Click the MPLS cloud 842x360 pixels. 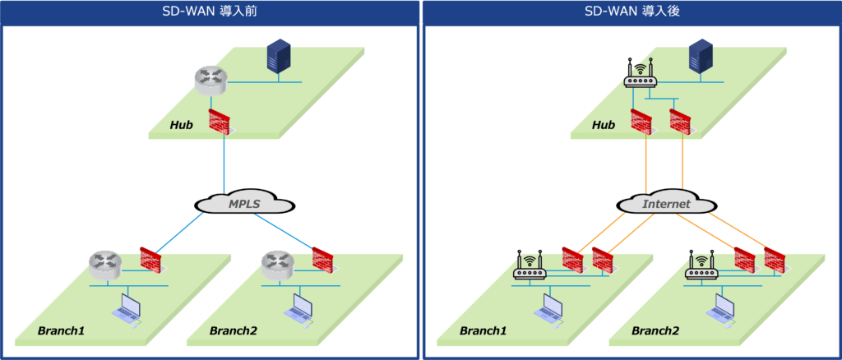(x=243, y=204)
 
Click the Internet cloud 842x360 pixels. (x=666, y=204)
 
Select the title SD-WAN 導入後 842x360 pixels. (x=631, y=12)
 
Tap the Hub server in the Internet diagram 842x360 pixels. (x=701, y=57)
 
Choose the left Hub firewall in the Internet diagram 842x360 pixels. (x=642, y=121)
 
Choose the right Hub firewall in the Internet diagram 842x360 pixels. (x=682, y=121)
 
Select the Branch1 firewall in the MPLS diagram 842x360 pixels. (x=152, y=258)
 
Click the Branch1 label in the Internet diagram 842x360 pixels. (x=483, y=331)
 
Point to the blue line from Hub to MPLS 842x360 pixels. (x=224, y=164)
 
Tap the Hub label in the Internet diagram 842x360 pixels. (x=604, y=125)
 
